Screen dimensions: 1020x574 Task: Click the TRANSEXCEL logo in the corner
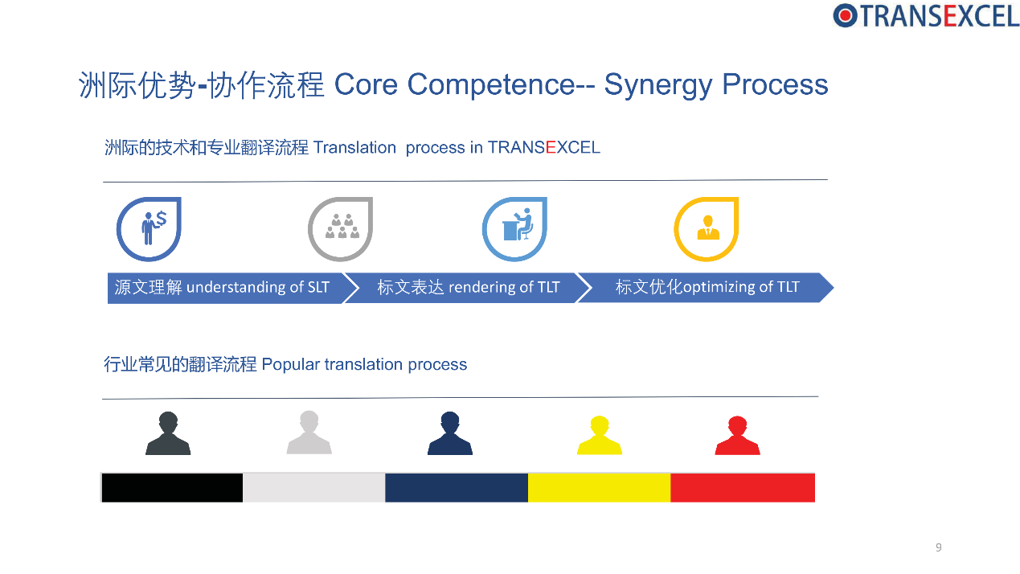pos(925,16)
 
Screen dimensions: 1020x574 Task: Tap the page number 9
pos(939,547)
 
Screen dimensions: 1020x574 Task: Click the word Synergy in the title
pos(658,86)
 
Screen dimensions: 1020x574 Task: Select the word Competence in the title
pos(491,84)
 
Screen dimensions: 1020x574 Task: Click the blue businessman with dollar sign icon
pos(149,229)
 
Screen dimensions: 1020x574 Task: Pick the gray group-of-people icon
pos(341,229)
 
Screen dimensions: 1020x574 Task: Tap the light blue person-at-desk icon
pos(514,229)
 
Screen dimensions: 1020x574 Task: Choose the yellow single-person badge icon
pos(707,229)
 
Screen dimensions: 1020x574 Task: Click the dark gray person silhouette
pos(168,433)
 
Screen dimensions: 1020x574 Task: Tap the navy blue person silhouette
pos(450,433)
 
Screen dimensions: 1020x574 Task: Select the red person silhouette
pos(738,436)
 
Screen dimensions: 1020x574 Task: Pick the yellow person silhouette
pos(600,436)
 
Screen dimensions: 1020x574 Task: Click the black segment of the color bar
pos(172,488)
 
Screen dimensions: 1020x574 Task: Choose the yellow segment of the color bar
pos(600,488)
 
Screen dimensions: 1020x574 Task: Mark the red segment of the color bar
pos(743,488)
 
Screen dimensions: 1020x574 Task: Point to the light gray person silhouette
pos(309,433)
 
